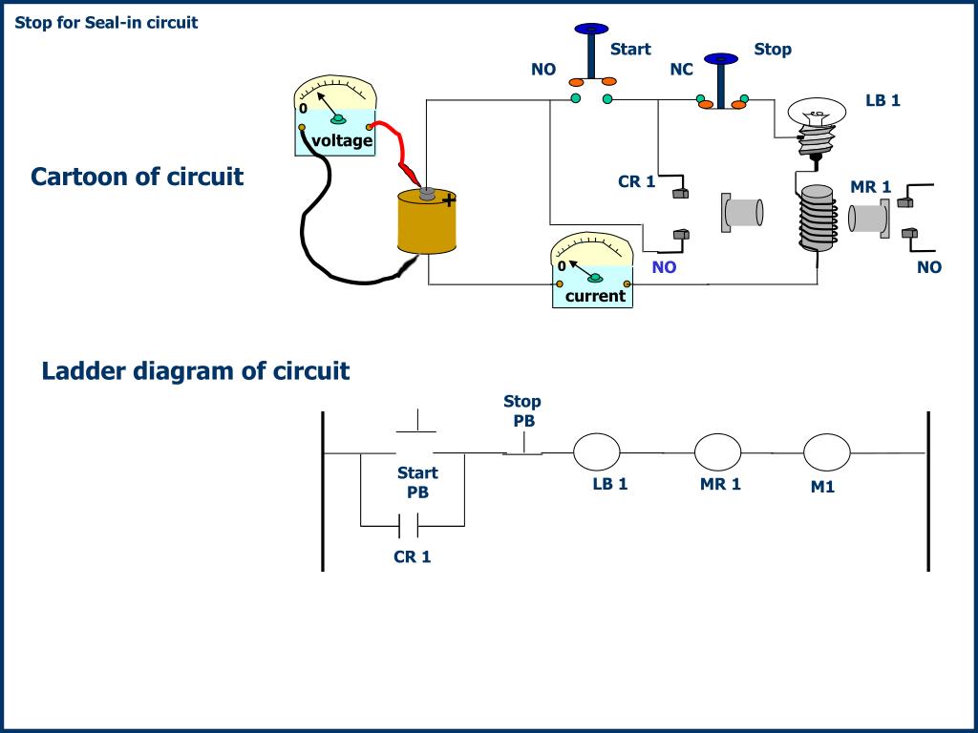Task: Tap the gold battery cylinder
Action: tap(427, 221)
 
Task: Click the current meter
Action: tap(592, 270)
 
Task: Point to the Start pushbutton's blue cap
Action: tap(591, 29)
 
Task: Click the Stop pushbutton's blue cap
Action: tap(721, 59)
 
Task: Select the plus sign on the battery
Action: tap(449, 200)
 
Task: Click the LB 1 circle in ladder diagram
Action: tap(596, 451)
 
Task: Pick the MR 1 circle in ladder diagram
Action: tap(717, 451)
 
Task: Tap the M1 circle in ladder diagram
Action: tap(826, 451)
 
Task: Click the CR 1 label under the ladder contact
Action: tap(413, 556)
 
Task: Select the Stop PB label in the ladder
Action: tap(522, 410)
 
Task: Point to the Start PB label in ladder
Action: tap(418, 482)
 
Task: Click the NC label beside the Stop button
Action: tap(682, 69)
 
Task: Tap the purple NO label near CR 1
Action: tap(665, 267)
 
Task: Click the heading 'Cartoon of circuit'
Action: tap(138, 177)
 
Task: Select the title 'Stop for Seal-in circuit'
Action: tap(106, 23)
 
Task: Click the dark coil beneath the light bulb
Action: tap(818, 219)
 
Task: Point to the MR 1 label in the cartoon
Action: tap(871, 187)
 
